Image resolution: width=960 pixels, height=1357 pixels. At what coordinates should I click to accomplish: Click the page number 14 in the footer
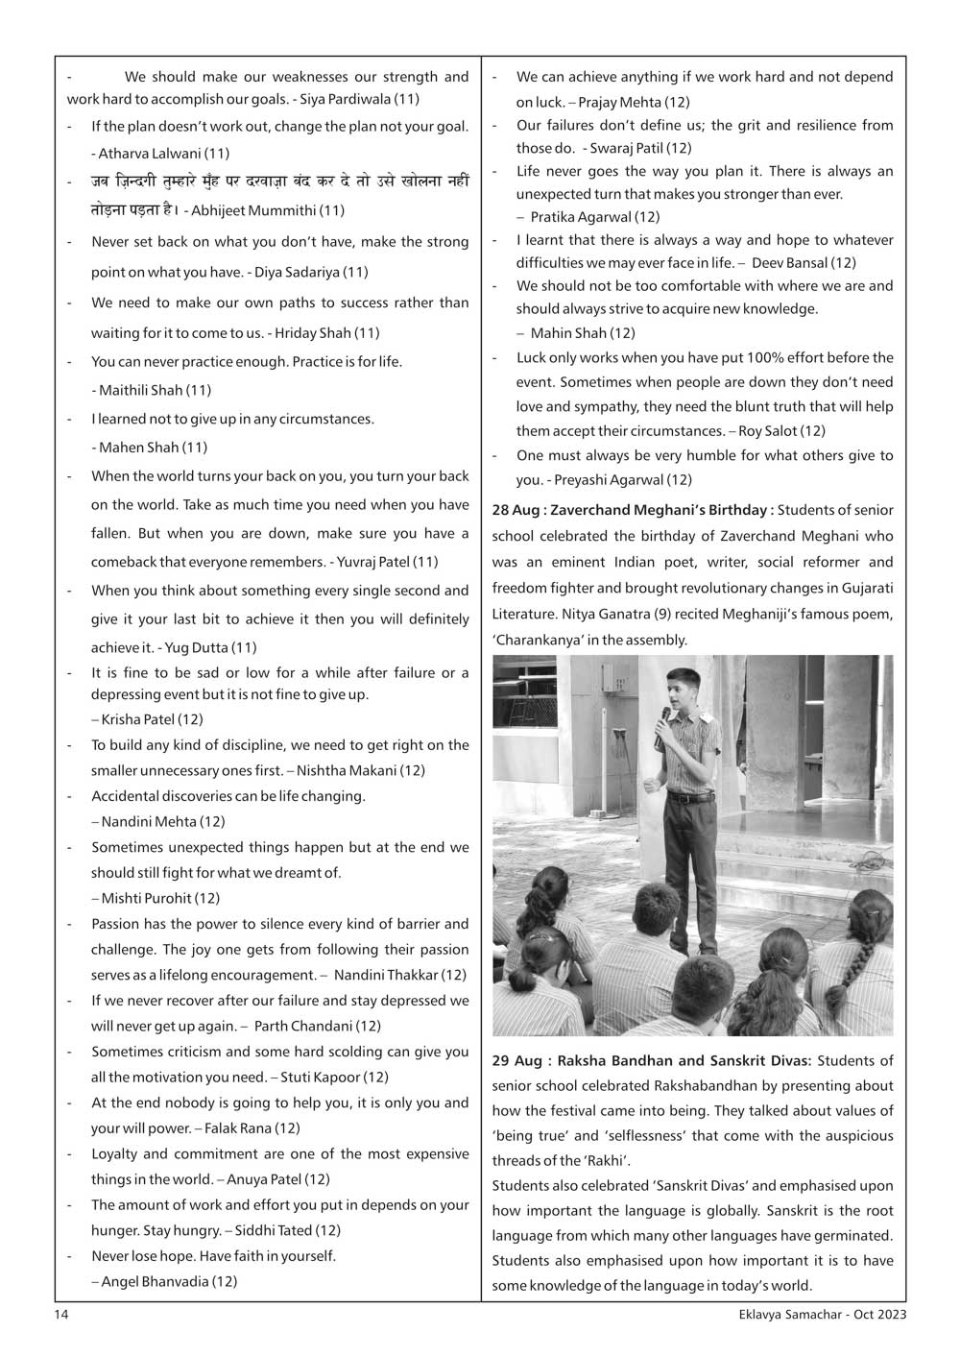pyautogui.click(x=61, y=1315)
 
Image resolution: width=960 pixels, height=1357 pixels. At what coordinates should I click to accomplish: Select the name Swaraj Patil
pyautogui.click(x=626, y=148)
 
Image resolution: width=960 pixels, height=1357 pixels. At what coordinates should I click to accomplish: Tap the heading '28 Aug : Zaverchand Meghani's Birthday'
pyautogui.click(x=633, y=510)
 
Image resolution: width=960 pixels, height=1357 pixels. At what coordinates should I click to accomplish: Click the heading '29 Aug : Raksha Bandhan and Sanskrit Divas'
pyautogui.click(x=652, y=1060)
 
